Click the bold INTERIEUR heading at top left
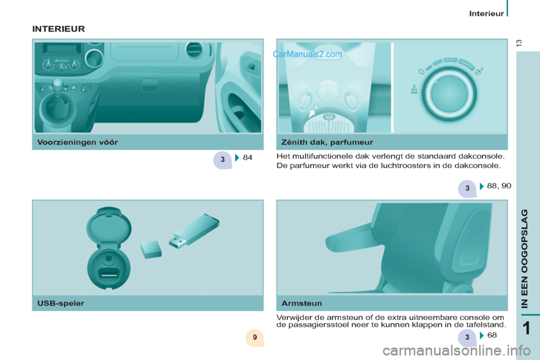58,28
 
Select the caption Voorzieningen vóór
78,142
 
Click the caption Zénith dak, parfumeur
327,142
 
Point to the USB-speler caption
60,304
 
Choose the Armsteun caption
301,304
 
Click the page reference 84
247,158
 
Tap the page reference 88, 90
499,185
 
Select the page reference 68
492,335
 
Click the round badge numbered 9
255,337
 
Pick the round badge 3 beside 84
223,160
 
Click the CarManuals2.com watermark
307,55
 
